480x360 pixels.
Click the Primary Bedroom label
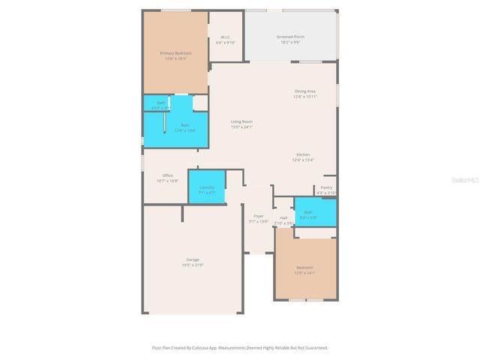pos(175,52)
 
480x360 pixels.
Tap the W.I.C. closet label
pos(226,37)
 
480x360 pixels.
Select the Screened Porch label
pos(290,36)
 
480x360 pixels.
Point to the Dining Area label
pos(304,91)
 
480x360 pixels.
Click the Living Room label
pos(241,121)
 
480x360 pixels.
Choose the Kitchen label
pos(303,154)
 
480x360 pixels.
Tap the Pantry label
pos(326,187)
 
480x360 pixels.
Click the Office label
pos(167,175)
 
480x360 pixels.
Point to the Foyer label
pos(258,216)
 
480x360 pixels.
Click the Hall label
pos(283,217)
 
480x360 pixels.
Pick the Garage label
pos(193,259)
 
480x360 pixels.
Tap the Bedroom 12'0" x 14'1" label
pos(304,267)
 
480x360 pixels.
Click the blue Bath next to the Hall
pos(314,213)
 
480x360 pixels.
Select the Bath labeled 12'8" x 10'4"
pos(184,125)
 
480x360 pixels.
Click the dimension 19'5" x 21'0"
pos(193,265)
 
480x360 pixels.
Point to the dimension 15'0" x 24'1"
pos(241,127)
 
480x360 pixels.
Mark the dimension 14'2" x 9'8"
pos(290,41)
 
